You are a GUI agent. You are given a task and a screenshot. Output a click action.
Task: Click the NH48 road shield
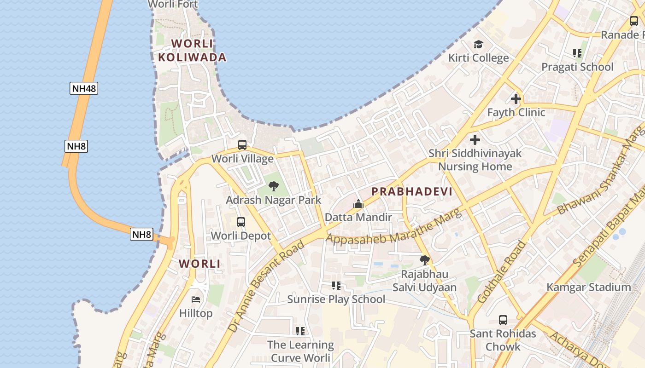click(x=84, y=88)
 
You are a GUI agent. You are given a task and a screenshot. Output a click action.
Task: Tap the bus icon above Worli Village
click(x=242, y=145)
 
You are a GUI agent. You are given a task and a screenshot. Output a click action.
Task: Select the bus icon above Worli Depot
click(x=240, y=222)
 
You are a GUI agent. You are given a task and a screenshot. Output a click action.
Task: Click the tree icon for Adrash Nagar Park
click(x=274, y=186)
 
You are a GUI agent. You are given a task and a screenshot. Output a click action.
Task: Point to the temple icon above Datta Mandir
click(x=358, y=203)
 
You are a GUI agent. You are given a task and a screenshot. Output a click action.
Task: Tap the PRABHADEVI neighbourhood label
click(x=411, y=191)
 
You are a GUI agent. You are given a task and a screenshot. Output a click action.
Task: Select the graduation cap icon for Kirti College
click(x=479, y=44)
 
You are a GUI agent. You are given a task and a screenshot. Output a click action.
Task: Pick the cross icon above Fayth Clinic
click(x=516, y=98)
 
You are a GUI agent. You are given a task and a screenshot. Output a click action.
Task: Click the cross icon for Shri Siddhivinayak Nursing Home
click(x=475, y=139)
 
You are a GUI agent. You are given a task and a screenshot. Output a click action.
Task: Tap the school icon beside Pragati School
click(x=577, y=53)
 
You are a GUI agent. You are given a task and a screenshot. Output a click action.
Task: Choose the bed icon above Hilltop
click(x=196, y=299)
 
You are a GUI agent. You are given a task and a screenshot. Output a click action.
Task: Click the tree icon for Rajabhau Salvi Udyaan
click(x=425, y=260)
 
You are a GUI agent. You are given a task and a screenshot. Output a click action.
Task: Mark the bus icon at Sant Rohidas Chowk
click(x=503, y=320)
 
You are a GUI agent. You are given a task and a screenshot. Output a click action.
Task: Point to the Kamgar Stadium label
click(x=588, y=287)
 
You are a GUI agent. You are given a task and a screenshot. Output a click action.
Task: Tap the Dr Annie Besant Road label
click(x=266, y=285)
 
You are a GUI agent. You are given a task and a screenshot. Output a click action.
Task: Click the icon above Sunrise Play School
click(x=336, y=286)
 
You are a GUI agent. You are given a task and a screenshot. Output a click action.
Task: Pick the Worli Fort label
click(x=173, y=5)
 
